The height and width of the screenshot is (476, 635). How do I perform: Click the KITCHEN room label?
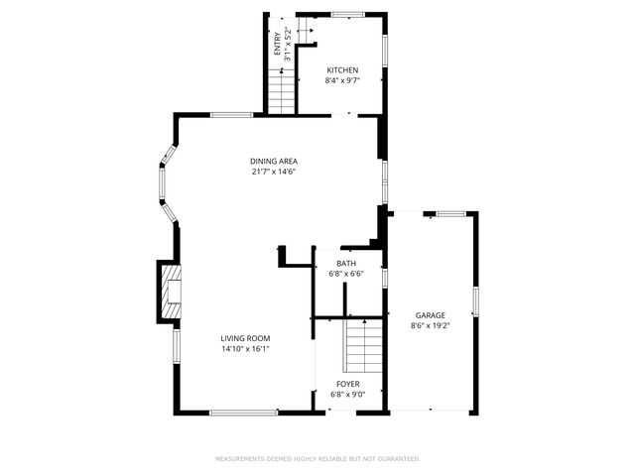click(342, 70)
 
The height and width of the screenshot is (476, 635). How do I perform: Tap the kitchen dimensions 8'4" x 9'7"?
click(342, 80)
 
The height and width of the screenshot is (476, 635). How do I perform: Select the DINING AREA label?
click(274, 162)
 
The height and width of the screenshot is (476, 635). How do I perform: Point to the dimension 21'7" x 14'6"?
click(274, 172)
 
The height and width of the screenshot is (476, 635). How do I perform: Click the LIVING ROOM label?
click(245, 338)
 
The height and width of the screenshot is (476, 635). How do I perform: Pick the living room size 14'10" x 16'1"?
click(245, 348)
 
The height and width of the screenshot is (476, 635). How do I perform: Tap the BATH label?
click(346, 263)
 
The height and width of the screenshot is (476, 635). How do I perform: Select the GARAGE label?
click(430, 315)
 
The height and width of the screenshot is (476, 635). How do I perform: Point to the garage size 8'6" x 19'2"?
click(430, 325)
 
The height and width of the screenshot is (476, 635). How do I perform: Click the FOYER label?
click(347, 384)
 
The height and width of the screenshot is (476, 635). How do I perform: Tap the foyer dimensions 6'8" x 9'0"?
click(347, 394)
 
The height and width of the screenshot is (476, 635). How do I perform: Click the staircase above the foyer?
click(363, 345)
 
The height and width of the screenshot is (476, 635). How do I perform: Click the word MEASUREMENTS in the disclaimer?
click(241, 459)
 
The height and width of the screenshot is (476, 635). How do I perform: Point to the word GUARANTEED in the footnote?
click(396, 459)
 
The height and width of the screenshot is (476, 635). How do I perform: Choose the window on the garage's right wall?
click(476, 299)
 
